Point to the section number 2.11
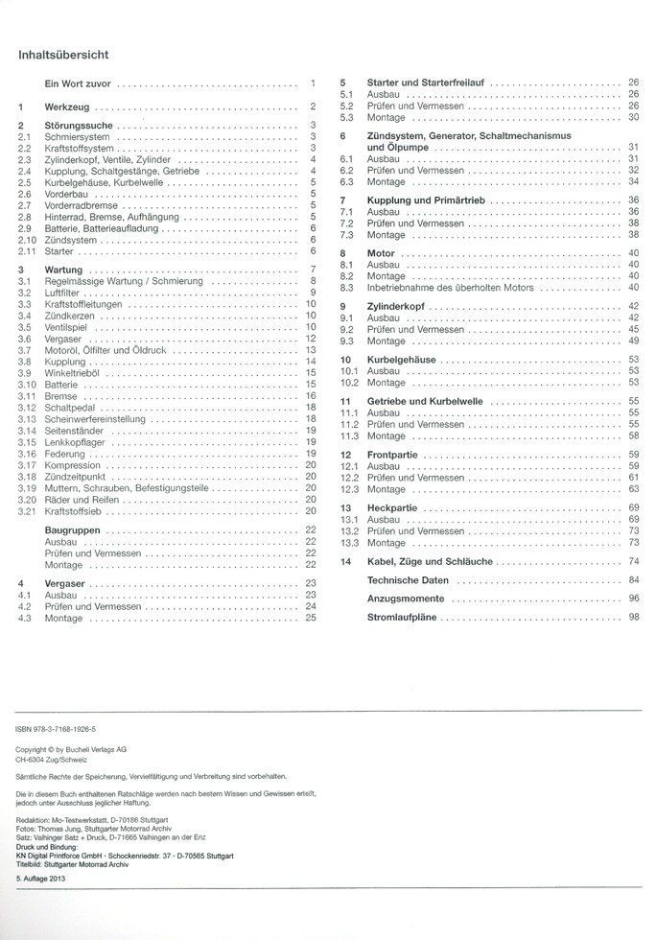(x=27, y=248)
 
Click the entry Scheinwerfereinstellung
(x=95, y=419)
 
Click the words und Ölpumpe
(x=396, y=148)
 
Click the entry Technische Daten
(x=408, y=580)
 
